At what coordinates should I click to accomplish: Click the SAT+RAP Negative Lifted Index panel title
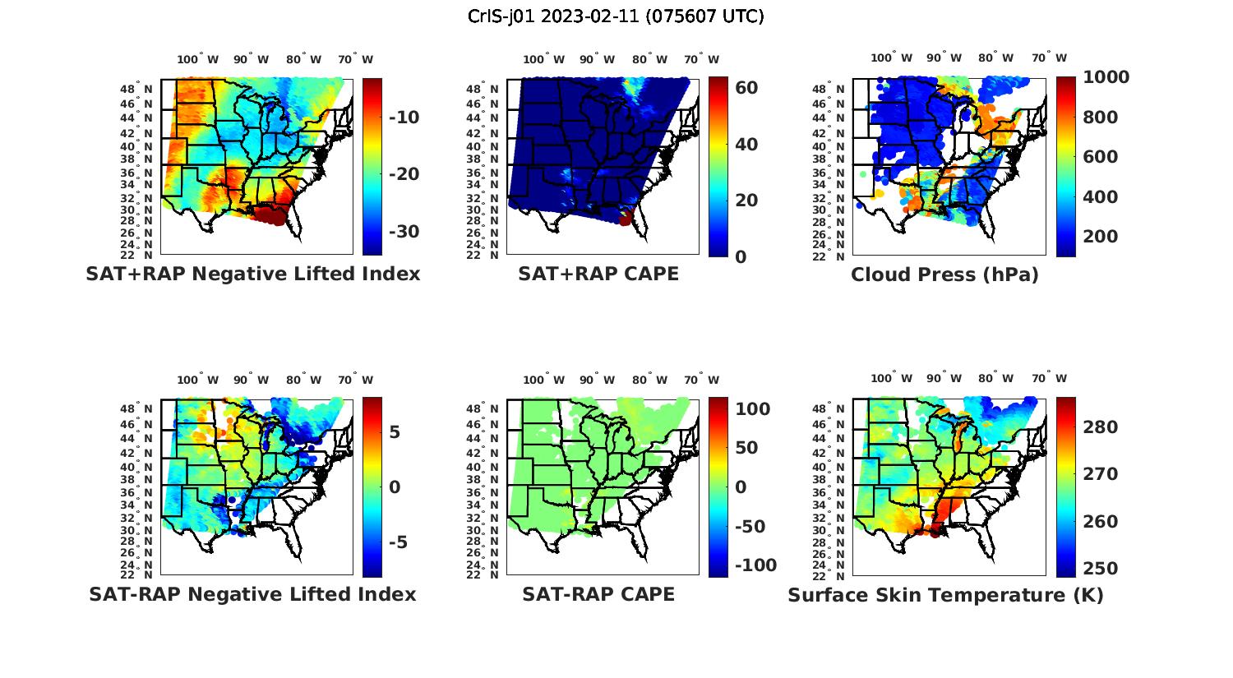253,274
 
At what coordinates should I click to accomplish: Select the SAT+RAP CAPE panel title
598,274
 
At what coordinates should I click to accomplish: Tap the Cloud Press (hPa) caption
944,274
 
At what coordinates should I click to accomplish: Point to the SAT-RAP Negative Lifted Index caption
253,594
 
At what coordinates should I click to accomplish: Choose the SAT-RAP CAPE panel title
598,594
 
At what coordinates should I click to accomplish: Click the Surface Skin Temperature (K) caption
945,595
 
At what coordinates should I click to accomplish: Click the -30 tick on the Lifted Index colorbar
404,231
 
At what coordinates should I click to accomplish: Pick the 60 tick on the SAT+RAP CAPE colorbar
746,87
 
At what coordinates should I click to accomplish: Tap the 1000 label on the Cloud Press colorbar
1106,77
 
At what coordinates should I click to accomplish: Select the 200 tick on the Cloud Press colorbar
1101,237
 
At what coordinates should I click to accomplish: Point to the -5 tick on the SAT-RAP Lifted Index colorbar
398,542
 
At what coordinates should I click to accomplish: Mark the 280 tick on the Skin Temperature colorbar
1101,427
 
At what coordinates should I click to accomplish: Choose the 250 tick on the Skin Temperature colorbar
1101,568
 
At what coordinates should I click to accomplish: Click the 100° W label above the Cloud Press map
892,58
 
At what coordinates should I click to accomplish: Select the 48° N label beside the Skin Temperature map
827,409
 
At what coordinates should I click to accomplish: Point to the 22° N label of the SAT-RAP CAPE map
483,574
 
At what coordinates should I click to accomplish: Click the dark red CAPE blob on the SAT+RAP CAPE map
626,218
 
